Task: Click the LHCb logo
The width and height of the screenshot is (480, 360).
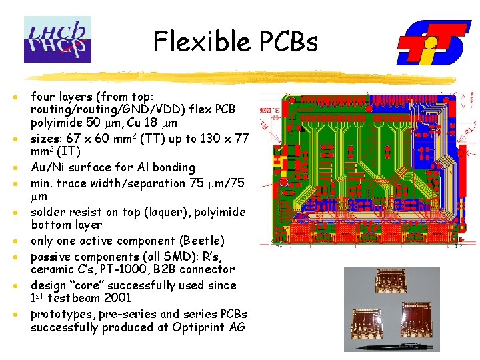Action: point(57,39)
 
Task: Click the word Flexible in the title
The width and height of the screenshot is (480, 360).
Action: point(197,41)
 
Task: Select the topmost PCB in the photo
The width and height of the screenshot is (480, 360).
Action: point(383,287)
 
